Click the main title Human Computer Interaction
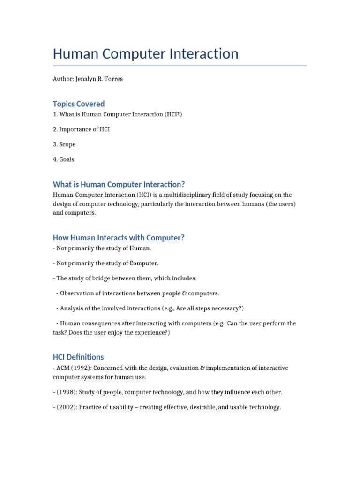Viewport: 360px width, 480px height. click(x=146, y=54)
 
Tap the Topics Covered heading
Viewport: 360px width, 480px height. click(x=79, y=104)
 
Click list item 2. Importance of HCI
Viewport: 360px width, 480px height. click(x=82, y=129)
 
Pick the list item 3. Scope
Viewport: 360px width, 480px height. click(x=64, y=144)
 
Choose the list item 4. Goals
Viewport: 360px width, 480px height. click(x=64, y=159)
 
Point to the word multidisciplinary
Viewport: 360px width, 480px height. click(x=178, y=195)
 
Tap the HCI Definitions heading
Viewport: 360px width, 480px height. click(x=78, y=357)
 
